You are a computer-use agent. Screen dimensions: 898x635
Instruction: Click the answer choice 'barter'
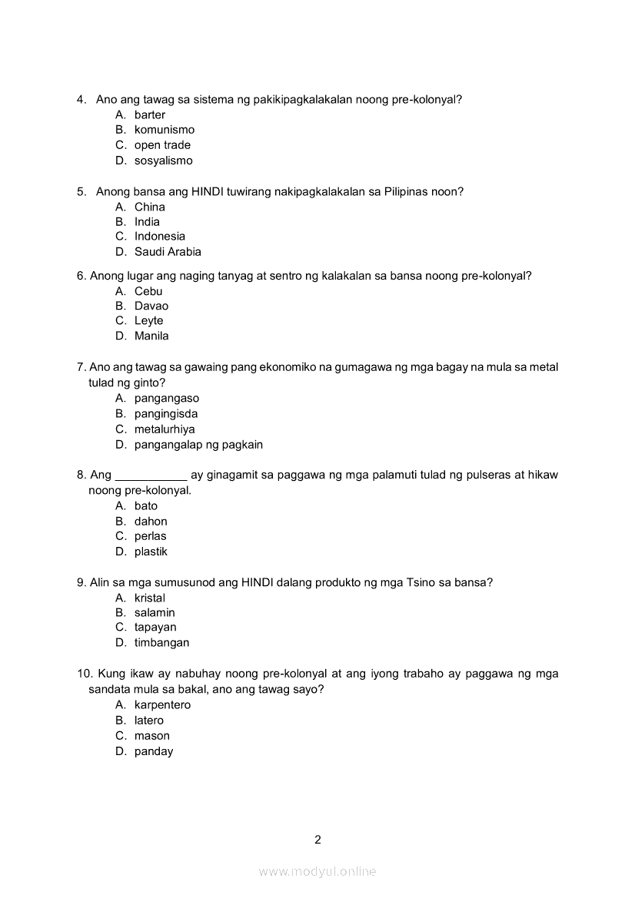[150, 114]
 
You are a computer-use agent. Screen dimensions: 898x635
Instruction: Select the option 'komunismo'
[165, 130]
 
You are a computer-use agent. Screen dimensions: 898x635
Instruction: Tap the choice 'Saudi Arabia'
[168, 251]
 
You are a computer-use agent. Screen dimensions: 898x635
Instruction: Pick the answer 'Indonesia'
[160, 236]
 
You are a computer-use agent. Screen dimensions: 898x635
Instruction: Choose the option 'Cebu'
[148, 291]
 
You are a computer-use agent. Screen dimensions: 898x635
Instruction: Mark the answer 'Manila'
[151, 336]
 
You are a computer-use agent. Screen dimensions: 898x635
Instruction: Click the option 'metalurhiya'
[165, 429]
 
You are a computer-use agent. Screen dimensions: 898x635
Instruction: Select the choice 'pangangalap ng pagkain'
[198, 444]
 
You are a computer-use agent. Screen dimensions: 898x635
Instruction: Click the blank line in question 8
[151, 476]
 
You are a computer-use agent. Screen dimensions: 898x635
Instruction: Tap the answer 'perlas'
[150, 536]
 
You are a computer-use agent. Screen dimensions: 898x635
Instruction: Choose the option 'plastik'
[151, 552]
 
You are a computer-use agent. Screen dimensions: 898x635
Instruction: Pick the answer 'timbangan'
[161, 642]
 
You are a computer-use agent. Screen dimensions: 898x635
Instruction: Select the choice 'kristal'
[150, 598]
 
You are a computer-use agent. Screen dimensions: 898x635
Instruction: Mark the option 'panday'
[154, 751]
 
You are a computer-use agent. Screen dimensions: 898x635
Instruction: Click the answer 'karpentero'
[162, 704]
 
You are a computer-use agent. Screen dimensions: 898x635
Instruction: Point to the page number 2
[317, 840]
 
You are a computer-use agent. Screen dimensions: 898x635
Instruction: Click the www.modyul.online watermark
[317, 871]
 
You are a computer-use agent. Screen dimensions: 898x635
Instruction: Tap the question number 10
[84, 674]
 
